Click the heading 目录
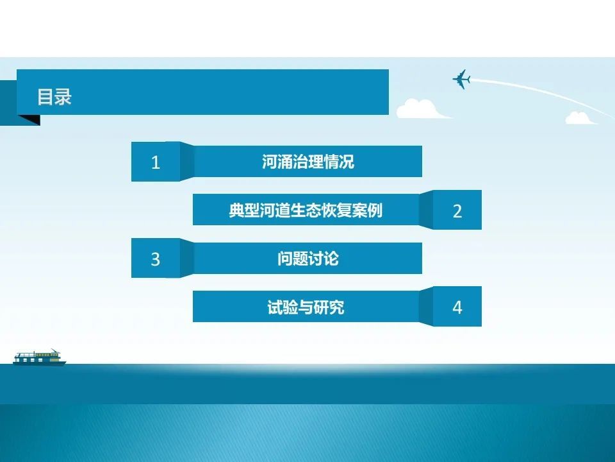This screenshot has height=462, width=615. (x=54, y=97)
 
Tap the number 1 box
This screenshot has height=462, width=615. (x=156, y=162)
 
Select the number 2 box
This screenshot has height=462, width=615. (x=457, y=210)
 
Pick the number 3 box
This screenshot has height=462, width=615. (x=156, y=258)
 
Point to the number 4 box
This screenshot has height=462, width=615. (x=457, y=307)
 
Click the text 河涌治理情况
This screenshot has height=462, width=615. (x=308, y=162)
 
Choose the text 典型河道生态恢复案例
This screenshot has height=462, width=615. (x=306, y=210)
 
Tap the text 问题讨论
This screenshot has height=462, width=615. (x=308, y=259)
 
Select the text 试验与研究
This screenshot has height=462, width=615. (x=306, y=307)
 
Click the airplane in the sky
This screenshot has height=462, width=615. (x=462, y=79)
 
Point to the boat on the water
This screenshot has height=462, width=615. (x=39, y=357)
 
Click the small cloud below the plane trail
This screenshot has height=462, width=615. (x=580, y=118)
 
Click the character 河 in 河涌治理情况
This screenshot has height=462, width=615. (x=270, y=162)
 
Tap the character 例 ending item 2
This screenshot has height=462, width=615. (x=375, y=210)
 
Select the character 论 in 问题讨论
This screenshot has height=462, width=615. (x=331, y=259)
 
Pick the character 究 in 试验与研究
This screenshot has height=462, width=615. (x=337, y=307)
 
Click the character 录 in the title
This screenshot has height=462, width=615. (x=63, y=97)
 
